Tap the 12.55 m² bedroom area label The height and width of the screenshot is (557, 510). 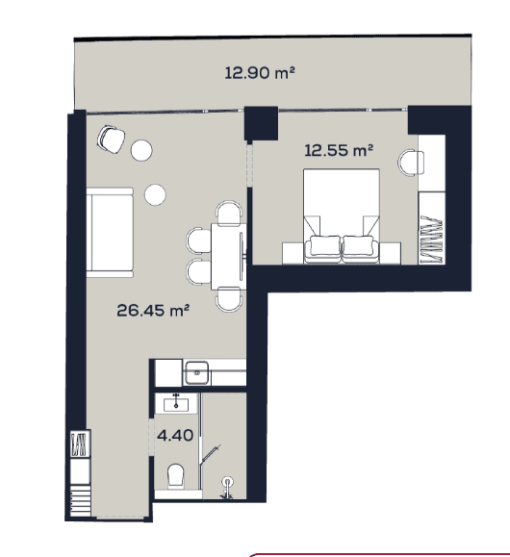click(339, 149)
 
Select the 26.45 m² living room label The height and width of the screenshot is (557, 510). click(151, 310)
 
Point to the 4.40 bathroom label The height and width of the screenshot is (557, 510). click(175, 435)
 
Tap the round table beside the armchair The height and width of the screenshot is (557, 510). click(141, 150)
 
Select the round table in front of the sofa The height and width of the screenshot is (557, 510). click(155, 194)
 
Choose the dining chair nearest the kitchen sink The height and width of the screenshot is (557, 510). click(229, 299)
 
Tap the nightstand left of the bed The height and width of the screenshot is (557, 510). click(293, 252)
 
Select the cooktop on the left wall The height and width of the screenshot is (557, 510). click(79, 446)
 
